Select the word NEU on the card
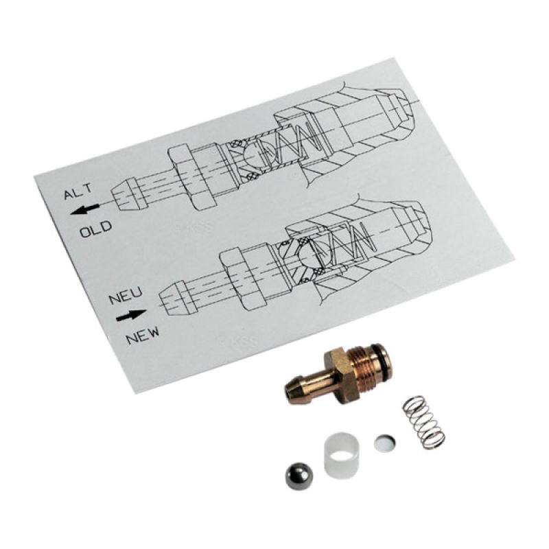(x=126, y=296)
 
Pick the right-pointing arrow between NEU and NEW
(x=131, y=316)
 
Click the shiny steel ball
(x=299, y=476)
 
